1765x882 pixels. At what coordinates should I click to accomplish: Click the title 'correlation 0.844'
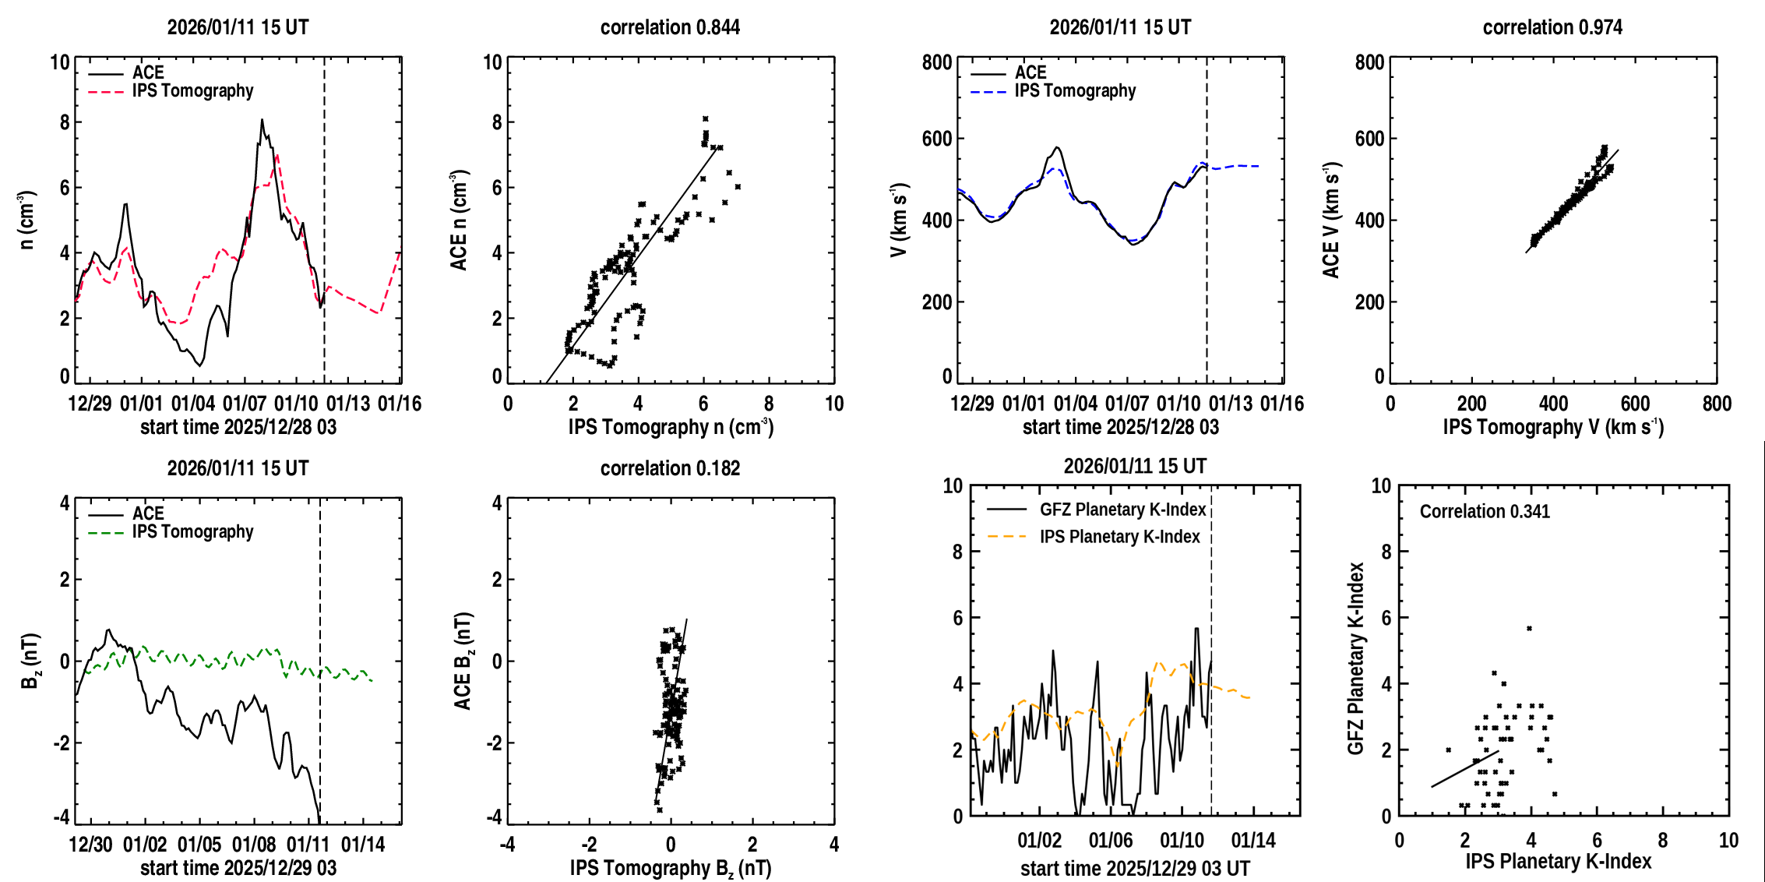(670, 27)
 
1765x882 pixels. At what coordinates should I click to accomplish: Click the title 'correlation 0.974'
(1552, 27)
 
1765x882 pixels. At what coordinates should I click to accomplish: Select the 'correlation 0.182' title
(670, 468)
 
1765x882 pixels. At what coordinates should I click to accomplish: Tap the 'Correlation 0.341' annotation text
(1485, 511)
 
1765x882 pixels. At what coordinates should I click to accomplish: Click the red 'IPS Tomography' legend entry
(192, 90)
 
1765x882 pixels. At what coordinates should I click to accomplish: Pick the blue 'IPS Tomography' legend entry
(1075, 90)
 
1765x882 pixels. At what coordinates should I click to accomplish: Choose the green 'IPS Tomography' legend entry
(192, 531)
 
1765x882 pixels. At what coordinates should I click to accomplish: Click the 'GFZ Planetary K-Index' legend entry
(1122, 510)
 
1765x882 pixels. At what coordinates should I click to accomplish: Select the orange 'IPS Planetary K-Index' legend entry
(1119, 537)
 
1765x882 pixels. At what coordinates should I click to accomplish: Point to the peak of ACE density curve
(262, 120)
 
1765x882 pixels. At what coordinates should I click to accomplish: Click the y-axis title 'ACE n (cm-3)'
(459, 220)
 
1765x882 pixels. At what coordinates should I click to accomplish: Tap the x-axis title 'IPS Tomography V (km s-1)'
(1553, 427)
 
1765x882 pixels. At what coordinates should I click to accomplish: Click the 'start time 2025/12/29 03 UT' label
(1135, 868)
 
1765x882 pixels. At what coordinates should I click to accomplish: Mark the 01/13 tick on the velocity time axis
(1231, 404)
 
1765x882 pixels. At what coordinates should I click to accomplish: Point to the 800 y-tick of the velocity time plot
(937, 62)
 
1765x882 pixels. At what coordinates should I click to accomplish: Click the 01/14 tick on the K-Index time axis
(1253, 840)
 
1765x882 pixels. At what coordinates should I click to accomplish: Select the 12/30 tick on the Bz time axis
(90, 845)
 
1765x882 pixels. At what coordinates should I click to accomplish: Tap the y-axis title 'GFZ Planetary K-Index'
(1356, 658)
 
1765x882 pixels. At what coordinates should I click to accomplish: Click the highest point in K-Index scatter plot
(1529, 628)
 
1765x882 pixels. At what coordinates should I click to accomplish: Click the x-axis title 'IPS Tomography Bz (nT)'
(670, 868)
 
